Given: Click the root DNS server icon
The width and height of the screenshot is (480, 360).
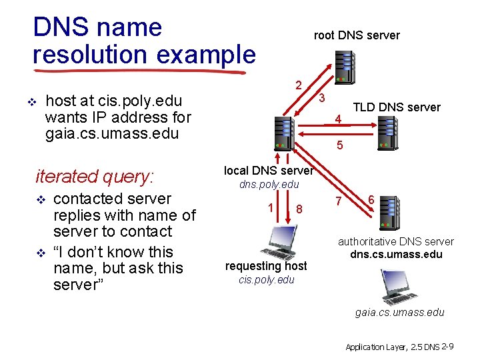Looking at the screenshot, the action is click(x=345, y=65).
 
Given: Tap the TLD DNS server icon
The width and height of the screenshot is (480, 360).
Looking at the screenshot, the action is click(x=387, y=131).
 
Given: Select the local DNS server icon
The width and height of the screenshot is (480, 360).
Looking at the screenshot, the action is click(x=283, y=132).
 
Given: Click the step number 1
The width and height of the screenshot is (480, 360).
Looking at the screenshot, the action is click(x=271, y=207).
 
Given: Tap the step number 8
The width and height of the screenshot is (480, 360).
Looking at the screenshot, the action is click(x=300, y=209).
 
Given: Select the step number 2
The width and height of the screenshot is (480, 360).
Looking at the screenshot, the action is click(x=299, y=85).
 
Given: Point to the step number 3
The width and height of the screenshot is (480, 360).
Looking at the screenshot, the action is click(x=321, y=98).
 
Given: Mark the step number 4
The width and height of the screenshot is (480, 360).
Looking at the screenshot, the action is click(x=339, y=120).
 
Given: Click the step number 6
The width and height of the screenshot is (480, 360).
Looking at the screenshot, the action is click(x=371, y=199).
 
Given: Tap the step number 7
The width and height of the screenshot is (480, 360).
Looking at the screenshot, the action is click(x=338, y=201).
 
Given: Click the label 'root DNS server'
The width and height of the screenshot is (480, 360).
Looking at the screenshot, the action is click(x=357, y=35).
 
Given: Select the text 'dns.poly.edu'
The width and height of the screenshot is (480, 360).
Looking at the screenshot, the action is click(x=269, y=184).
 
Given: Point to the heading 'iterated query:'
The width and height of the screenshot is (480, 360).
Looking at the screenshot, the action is click(x=94, y=176).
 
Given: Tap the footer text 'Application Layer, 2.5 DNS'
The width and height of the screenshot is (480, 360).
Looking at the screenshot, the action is click(x=392, y=347).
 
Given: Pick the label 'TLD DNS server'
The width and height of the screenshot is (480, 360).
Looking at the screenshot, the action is click(x=396, y=107).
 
